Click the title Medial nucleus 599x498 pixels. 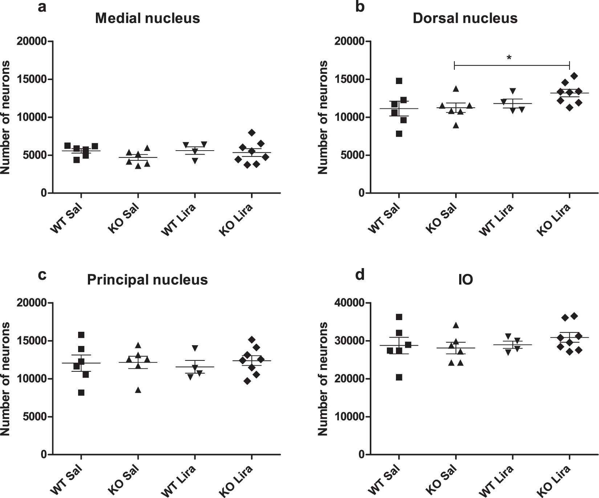pos(147,18)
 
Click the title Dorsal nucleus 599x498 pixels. pos(465,18)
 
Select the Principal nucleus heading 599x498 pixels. pos(147,280)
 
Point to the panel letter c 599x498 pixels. pos(42,275)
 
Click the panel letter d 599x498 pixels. pos(360,275)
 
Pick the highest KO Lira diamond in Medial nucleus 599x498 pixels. pos(252,132)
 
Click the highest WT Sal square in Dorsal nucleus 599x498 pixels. pos(399,81)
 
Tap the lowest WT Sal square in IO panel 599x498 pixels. pos(399,377)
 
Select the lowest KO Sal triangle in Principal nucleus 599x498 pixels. pos(138,390)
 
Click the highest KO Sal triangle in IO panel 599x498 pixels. pos(456,325)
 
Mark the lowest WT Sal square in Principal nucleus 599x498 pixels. pos(81,393)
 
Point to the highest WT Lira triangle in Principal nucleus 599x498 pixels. pos(195,348)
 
